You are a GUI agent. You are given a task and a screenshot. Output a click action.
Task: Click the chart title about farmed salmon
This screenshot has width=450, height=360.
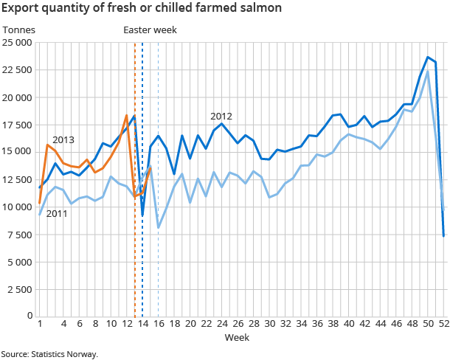coord(142,10)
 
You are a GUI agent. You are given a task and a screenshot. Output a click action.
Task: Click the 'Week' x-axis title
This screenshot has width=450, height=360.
coord(237,337)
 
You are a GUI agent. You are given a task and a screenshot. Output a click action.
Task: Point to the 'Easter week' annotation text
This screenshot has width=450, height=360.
coord(150,30)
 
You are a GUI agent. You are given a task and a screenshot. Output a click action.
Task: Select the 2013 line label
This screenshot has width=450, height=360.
coord(63,140)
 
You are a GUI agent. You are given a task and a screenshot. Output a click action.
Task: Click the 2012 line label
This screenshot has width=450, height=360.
coord(221,117)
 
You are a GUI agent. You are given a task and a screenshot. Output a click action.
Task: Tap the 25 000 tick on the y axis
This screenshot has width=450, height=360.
coord(18,43)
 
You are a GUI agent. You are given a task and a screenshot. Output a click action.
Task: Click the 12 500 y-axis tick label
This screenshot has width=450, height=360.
coord(18,179)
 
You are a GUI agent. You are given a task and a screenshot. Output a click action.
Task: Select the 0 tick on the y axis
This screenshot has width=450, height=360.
coord(30,316)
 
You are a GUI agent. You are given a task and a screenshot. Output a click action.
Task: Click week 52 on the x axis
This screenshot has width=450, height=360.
coord(443,324)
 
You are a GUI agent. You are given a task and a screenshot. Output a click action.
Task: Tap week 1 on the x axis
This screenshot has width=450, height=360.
coord(39,324)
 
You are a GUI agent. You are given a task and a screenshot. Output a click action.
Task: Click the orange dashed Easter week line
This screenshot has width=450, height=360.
coord(134,221)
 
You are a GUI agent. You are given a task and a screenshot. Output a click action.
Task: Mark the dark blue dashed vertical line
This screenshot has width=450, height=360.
coord(142,251)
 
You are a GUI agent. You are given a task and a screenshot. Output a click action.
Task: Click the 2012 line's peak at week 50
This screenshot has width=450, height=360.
coord(428,57)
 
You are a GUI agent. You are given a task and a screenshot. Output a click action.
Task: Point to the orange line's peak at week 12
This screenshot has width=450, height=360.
coord(126,115)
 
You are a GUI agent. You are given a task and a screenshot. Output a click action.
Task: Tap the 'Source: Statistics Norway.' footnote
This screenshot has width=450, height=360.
coord(49,354)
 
